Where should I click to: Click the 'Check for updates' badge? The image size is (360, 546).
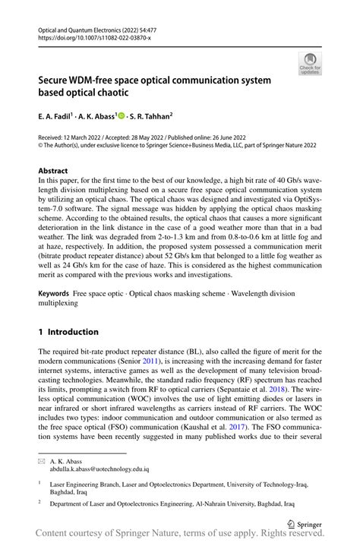[x=310, y=63]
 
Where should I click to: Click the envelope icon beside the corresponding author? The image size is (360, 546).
[x=42, y=461]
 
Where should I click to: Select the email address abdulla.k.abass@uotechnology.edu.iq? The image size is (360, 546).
[x=99, y=470]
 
